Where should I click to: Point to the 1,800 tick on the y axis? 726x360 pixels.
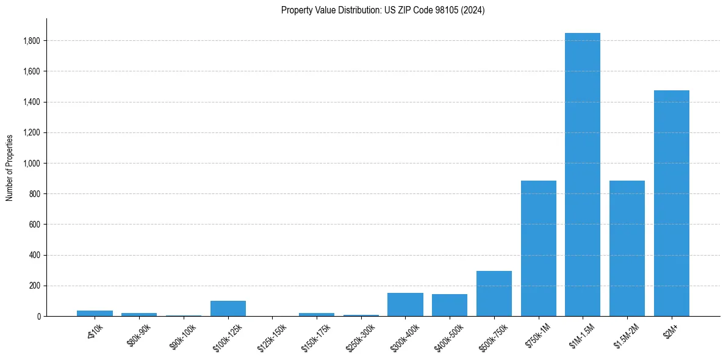[x=32, y=41]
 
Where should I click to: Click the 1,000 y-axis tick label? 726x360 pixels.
[x=32, y=164]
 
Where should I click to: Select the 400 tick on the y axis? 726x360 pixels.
[x=36, y=255]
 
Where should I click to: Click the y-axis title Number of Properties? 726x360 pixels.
[x=10, y=167]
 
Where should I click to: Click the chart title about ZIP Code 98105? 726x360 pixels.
[x=383, y=10]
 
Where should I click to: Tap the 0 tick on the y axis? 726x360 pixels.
[x=39, y=316]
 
